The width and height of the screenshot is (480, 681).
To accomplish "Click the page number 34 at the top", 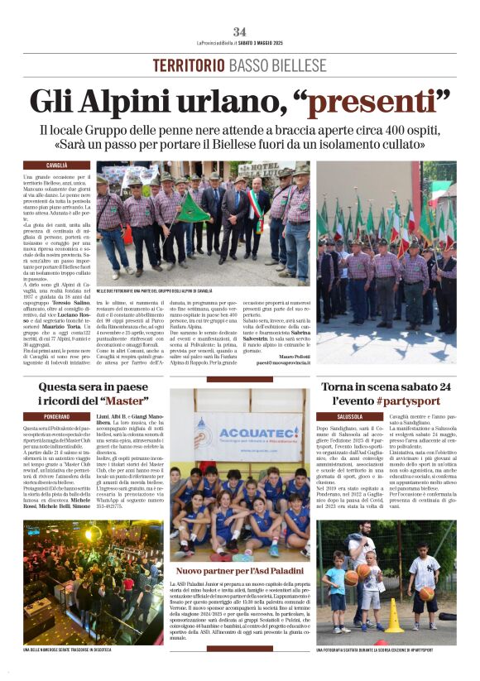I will pyautogui.click(x=239, y=31).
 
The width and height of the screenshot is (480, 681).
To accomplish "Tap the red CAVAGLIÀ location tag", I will pyautogui.click(x=57, y=165).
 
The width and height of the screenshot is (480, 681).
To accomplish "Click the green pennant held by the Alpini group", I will pyautogui.click(x=194, y=209).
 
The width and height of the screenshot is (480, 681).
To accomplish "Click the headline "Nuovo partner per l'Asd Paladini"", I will pyautogui.click(x=239, y=571).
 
